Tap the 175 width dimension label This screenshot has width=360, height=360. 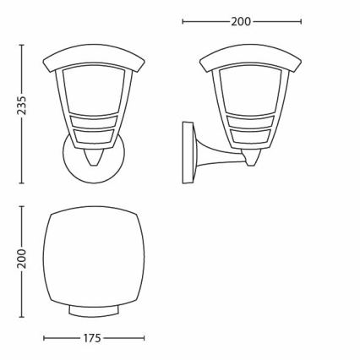tap(92, 338)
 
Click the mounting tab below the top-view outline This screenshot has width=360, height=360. tap(92, 314)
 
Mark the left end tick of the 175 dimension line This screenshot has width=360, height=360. tap(43, 338)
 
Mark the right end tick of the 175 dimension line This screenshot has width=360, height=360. tap(141, 338)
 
